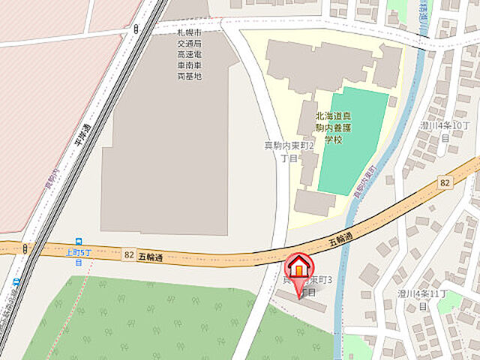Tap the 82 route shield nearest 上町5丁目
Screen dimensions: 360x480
[129, 255]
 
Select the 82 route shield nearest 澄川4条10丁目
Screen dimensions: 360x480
[445, 182]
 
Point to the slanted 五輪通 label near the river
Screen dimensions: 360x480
[341, 241]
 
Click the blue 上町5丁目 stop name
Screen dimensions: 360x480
[78, 257]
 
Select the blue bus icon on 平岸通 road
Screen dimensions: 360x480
[16, 281]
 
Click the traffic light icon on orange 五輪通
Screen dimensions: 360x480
[25, 248]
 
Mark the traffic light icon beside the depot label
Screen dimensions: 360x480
[136, 29]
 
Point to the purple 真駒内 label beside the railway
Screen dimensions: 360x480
[52, 179]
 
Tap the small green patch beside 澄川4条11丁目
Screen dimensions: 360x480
[450, 301]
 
